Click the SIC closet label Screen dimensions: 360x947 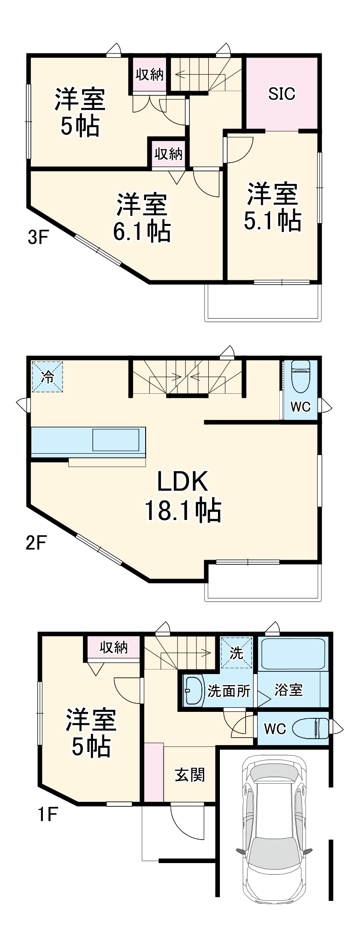click(282, 94)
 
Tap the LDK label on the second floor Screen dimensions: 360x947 click(183, 481)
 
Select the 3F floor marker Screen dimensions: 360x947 click(38, 237)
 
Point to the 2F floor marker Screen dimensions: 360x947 click(36, 543)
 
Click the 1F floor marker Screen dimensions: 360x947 click(47, 815)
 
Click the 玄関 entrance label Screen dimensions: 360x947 click(189, 775)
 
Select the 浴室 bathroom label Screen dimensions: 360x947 click(289, 690)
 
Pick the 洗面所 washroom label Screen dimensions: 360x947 click(229, 691)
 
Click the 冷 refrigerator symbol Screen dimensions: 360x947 click(47, 377)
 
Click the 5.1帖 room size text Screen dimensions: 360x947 click(272, 220)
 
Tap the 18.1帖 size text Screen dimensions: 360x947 click(183, 510)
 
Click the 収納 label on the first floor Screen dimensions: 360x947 click(113, 647)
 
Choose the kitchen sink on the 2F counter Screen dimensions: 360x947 click(116, 440)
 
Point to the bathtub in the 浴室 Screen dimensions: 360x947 click(292, 653)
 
